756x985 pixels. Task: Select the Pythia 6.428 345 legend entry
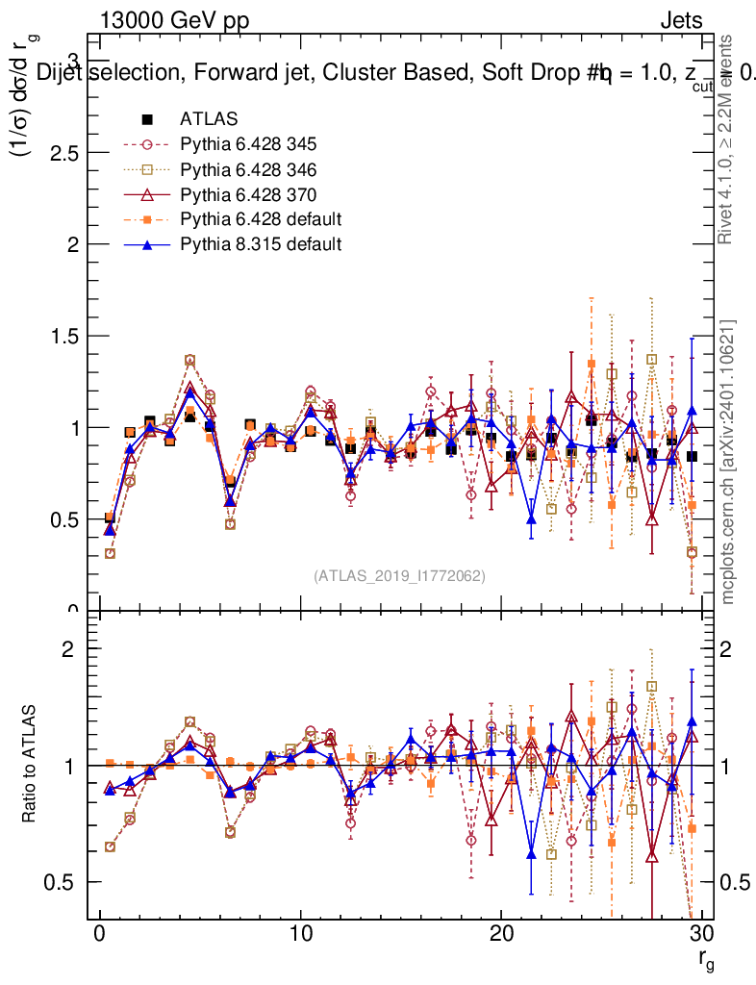pos(248,145)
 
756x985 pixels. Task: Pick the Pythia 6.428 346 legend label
pos(248,170)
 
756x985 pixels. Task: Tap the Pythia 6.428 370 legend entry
pos(248,194)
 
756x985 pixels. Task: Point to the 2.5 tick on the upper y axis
pos(65,154)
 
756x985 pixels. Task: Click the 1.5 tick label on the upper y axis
pos(65,337)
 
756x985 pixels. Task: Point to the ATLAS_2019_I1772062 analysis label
pos(399,575)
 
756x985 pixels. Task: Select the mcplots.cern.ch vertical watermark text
pos(728,462)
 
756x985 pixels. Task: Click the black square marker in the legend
pos(147,120)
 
